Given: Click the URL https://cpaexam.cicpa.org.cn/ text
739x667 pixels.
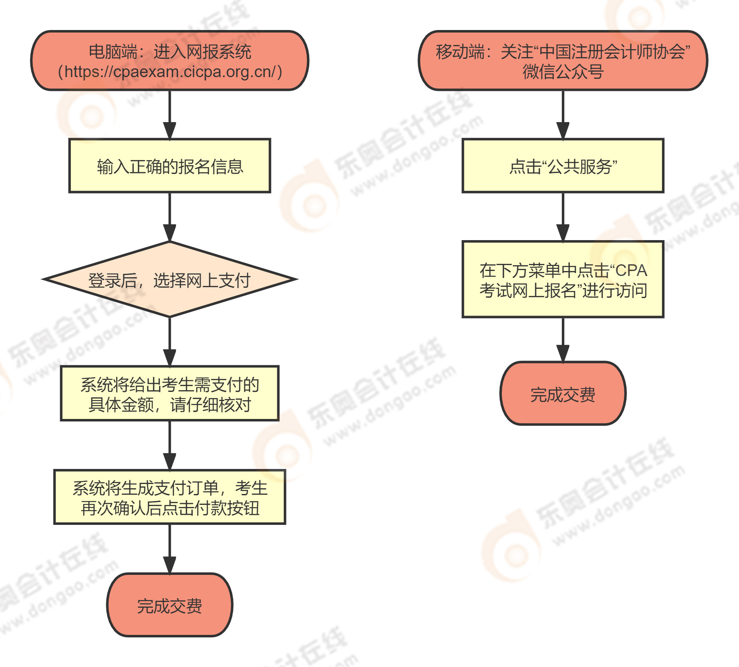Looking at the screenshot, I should (x=170, y=72).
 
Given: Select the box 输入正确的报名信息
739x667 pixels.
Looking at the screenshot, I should (x=170, y=166).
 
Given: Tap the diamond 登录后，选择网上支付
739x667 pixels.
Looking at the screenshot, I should (x=170, y=280).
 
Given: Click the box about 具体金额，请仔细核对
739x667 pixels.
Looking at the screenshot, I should (x=170, y=394).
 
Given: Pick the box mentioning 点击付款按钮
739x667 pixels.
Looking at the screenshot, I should (x=170, y=497).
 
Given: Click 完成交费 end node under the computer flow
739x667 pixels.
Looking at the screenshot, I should (x=170, y=605).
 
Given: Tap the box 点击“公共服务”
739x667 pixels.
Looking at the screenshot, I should (x=563, y=166).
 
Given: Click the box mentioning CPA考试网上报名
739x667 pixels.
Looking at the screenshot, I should (x=563, y=280).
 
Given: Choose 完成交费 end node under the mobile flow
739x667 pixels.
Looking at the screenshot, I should (x=563, y=394).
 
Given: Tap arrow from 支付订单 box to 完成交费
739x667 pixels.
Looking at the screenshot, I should (x=170, y=548).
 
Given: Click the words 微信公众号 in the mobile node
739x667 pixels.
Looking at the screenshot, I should (x=563, y=72).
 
